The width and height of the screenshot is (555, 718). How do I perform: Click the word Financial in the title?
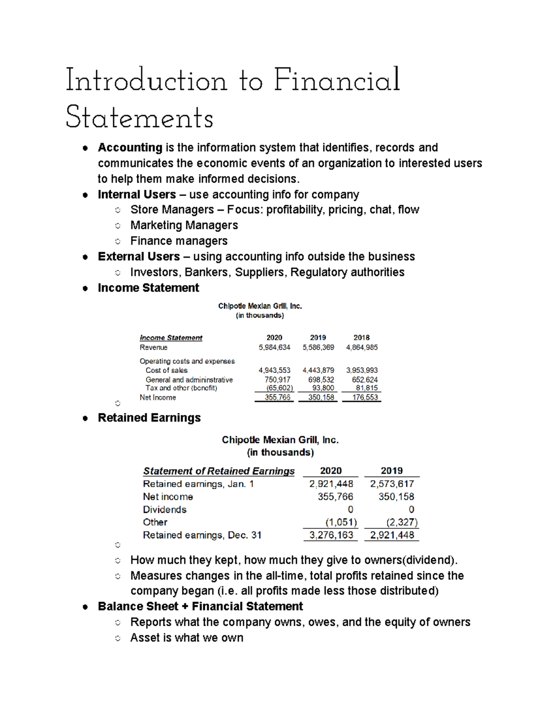[x=337, y=80]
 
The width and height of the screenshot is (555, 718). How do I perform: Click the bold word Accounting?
[x=130, y=147]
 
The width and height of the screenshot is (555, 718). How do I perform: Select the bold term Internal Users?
[x=137, y=194]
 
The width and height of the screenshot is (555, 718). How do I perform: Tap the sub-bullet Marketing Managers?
[x=184, y=225]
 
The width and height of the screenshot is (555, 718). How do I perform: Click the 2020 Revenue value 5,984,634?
[x=274, y=347]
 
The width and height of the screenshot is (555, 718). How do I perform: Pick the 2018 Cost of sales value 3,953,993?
[x=362, y=370]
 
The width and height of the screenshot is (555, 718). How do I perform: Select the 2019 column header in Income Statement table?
[x=318, y=338]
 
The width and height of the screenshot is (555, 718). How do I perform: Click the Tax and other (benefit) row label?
[x=181, y=388]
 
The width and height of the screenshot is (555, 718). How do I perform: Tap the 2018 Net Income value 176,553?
[x=365, y=397]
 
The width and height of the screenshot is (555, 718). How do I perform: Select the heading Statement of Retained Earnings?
[x=219, y=471]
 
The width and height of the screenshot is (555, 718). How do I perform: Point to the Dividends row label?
[x=165, y=509]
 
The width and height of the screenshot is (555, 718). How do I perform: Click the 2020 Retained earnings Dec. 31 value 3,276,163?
[x=331, y=535]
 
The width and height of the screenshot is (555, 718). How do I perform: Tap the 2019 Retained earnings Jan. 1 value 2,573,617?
[x=392, y=484]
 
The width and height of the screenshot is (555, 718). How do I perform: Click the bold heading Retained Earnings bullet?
[x=149, y=417]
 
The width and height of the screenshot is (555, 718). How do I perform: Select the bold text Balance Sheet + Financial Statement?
[x=200, y=606]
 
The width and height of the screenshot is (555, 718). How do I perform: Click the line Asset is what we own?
[x=187, y=638]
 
